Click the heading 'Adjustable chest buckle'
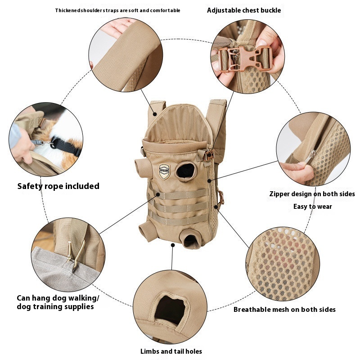pyautogui.click(x=244, y=10)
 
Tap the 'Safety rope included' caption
pyautogui.click(x=58, y=186)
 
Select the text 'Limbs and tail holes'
pyautogui.click(x=171, y=351)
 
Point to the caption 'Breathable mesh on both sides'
pyautogui.click(x=284, y=310)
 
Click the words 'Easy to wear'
pyautogui.click(x=312, y=207)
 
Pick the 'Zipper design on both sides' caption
pyautogui.click(x=312, y=194)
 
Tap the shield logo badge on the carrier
pyautogui.click(x=164, y=171)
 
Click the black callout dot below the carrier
pyautogui.click(x=173, y=245)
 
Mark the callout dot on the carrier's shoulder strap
pyautogui.click(x=155, y=114)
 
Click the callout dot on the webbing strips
pyautogui.click(x=158, y=194)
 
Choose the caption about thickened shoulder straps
pyautogui.click(x=117, y=10)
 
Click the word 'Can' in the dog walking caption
pyautogui.click(x=23, y=298)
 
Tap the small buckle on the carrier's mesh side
pyautogui.click(x=221, y=198)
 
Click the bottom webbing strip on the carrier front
pyautogui.click(x=178, y=220)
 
